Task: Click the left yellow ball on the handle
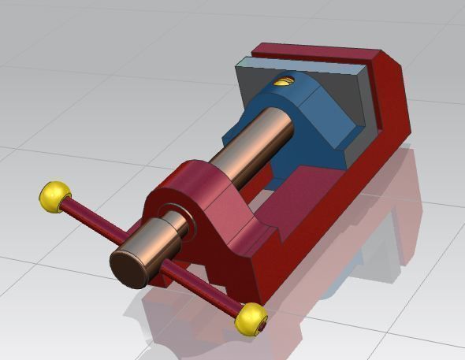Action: point(54,196)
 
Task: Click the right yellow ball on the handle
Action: point(251,317)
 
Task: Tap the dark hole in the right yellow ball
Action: point(262,324)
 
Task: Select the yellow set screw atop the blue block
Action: point(282,80)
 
